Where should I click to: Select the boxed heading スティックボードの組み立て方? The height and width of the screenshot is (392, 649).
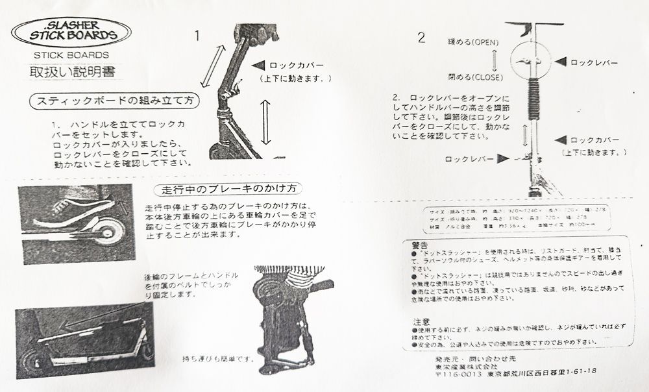coord(116,101)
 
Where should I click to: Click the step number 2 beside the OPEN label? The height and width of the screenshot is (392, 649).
coord(421,37)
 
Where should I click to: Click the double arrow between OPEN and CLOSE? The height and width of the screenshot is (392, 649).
coord(495,59)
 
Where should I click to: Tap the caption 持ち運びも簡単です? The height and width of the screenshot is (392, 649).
coord(217,358)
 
